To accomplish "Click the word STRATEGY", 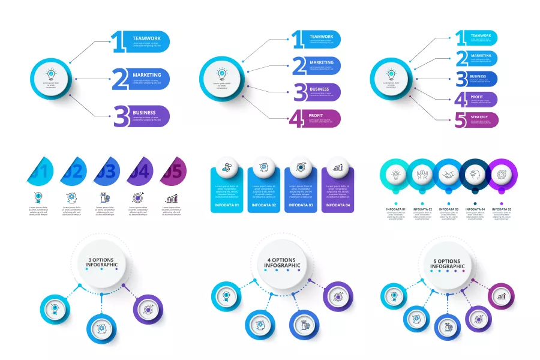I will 480,116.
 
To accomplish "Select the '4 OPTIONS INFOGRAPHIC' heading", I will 283,262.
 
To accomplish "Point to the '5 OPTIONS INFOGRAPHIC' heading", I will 447,262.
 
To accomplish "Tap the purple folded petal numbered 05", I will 173,171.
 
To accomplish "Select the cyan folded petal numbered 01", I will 40,171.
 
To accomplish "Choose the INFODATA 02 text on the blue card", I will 264,205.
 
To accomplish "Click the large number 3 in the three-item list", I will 121,116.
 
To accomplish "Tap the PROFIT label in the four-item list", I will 316,115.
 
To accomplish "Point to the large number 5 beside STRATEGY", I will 460,120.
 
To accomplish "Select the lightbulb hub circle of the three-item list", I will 51,78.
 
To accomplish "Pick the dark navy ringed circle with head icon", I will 473,175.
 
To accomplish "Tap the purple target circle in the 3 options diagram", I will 146,309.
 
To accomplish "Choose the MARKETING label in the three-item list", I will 147,75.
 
